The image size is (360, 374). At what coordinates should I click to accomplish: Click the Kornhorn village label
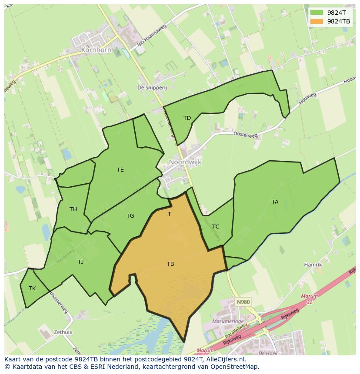(x=96, y=50)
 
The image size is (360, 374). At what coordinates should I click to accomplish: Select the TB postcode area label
(x=170, y=264)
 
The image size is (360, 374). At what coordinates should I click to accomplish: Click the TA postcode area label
(x=275, y=202)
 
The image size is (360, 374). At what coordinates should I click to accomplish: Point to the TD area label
(x=187, y=118)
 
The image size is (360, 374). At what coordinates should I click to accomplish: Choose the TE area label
(x=120, y=170)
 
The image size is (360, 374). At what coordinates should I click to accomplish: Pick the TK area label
(x=32, y=288)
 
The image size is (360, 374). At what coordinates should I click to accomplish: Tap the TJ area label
(x=80, y=261)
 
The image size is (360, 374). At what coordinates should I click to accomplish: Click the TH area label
(x=73, y=209)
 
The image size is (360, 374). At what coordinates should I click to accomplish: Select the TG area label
(x=130, y=216)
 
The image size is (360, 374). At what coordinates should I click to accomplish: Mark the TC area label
(x=216, y=226)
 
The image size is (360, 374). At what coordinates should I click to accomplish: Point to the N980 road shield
(x=243, y=301)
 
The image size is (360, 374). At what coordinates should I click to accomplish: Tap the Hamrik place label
(x=313, y=265)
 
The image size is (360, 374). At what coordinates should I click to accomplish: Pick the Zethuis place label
(x=63, y=332)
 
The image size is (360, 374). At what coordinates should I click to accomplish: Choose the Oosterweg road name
(x=246, y=135)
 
